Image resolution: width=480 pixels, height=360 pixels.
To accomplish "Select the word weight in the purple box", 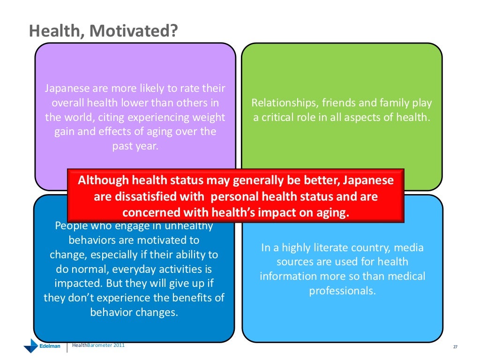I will (208, 117).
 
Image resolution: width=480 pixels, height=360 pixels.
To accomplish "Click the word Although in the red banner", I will (103, 180).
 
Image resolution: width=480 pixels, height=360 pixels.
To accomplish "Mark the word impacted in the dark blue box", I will (78, 284).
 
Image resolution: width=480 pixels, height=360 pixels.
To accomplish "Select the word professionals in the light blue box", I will (342, 291).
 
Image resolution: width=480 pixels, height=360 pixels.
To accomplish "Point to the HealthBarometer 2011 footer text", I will (98, 346).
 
